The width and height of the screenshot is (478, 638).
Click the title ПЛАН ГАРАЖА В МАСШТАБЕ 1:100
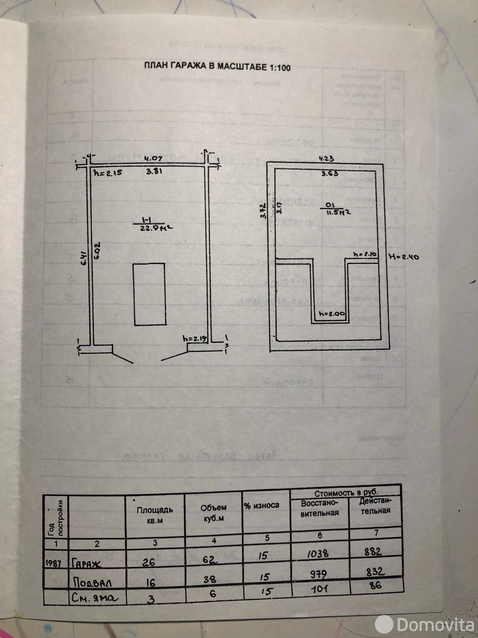click(217, 67)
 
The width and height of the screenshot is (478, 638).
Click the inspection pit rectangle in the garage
click(149, 294)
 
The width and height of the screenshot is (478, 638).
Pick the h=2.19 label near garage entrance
click(195, 339)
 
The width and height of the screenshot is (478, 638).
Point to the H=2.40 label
click(404, 257)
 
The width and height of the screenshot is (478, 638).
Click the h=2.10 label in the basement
click(365, 254)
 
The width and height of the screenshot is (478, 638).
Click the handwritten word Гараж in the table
click(87, 563)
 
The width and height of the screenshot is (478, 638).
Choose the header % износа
click(262, 506)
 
